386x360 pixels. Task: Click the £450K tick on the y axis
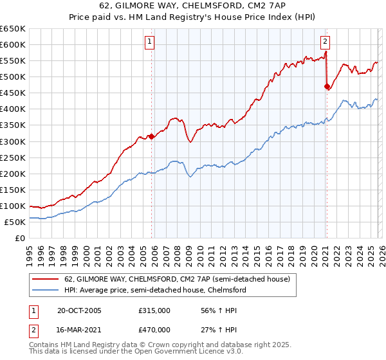pos(13,93)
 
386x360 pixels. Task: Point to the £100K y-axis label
pos(13,206)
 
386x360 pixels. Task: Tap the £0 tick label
pos(19,238)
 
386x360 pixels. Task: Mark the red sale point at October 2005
pos(152,136)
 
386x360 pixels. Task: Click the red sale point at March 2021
pos(327,85)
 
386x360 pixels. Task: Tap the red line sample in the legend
pos(46,280)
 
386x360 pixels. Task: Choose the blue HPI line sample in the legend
pos(46,290)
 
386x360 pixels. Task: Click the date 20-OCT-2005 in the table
pos(79,310)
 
